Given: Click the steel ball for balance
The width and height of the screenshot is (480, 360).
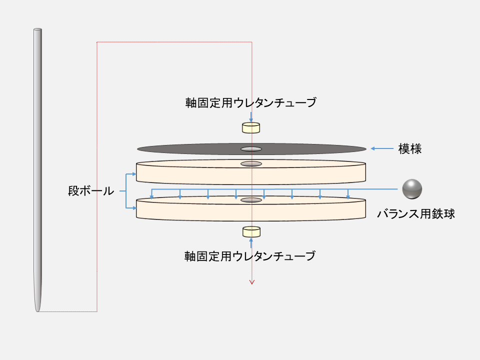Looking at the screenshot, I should pos(412,188).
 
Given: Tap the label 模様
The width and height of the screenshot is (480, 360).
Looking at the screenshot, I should pos(409,148).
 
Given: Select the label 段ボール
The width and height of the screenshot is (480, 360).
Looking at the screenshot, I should pos(91,191).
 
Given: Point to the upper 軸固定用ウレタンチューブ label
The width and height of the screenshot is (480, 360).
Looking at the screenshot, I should pos(250,103).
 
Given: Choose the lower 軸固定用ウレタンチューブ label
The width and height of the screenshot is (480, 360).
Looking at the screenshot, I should pos(250,256).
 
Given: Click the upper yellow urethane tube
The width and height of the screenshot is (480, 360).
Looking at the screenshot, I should pos(251,128).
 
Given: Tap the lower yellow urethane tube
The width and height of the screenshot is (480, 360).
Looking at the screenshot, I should pos(251,231).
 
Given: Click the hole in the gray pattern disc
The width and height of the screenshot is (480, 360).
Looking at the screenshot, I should pos(251,148).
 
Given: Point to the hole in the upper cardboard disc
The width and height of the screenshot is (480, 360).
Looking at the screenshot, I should pos(251,164).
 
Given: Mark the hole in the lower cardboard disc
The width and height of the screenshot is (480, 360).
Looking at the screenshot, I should pos(251,200).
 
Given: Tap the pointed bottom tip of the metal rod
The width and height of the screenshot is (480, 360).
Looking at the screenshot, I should pos(37,309).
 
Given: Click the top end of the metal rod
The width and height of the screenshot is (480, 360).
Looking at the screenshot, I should pos(37,30).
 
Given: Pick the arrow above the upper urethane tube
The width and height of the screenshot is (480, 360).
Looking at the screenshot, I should pos(251,116).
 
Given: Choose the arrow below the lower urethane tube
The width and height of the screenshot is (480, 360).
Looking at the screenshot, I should pos(251,243).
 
